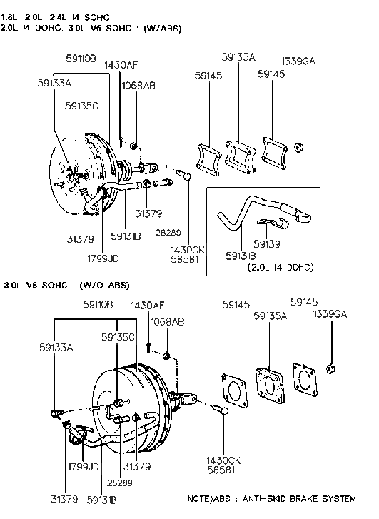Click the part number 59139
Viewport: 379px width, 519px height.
[x=267, y=243]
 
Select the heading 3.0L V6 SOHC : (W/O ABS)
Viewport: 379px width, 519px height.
[x=66, y=285]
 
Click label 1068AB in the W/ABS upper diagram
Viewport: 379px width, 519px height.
[x=138, y=85]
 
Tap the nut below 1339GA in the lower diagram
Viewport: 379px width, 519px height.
[x=331, y=368]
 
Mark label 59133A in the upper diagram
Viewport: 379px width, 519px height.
[x=54, y=82]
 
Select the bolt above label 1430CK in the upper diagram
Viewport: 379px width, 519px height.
[x=183, y=173]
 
